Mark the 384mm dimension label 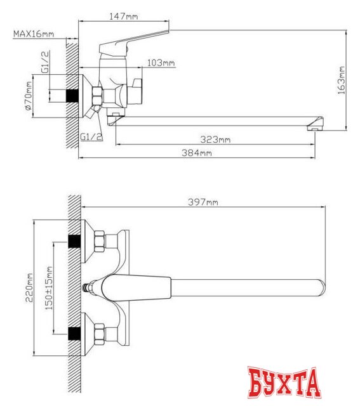(x=197, y=153)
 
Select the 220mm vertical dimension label (x=29, y=287)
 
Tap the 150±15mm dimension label (x=50, y=287)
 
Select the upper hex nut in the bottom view (x=100, y=242)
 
